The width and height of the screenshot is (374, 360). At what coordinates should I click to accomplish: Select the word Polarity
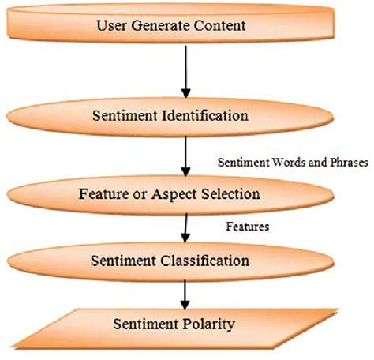[212, 324]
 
